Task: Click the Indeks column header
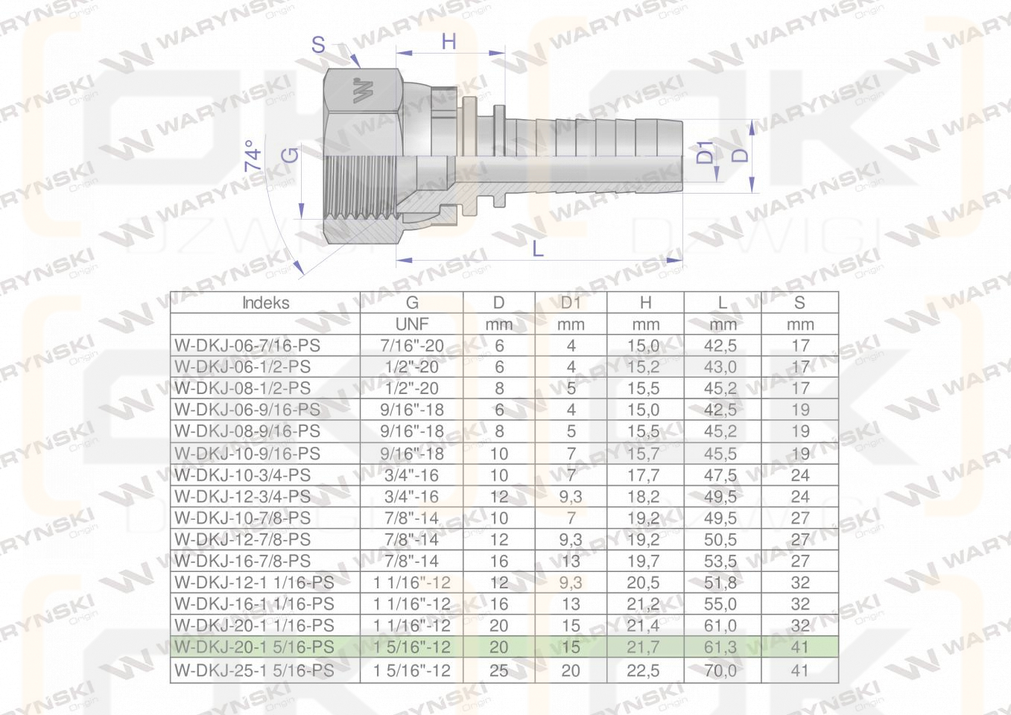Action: (266, 302)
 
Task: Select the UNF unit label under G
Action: (411, 324)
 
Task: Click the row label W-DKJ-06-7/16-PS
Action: (247, 346)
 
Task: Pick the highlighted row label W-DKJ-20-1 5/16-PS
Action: (255, 647)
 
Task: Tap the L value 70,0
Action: (720, 671)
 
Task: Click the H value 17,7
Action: (643, 475)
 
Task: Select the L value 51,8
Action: (720, 583)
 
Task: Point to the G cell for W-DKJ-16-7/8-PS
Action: (411, 561)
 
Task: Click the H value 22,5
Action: (643, 671)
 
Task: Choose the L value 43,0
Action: (720, 366)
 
